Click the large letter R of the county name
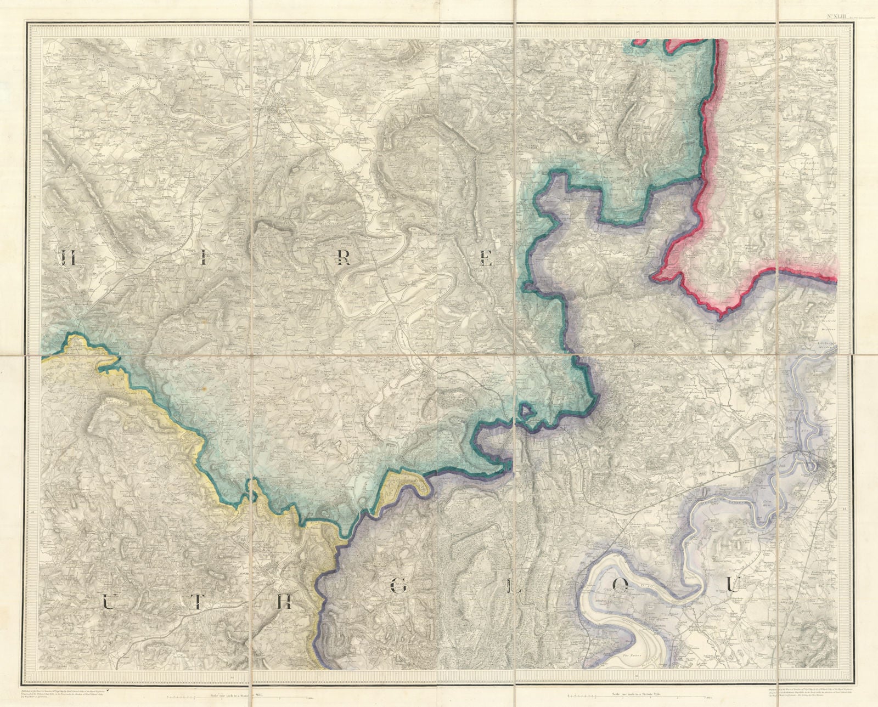pos(343,257)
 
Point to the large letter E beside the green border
pos(486,257)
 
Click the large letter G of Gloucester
pos(399,587)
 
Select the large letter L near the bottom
pos(511,587)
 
